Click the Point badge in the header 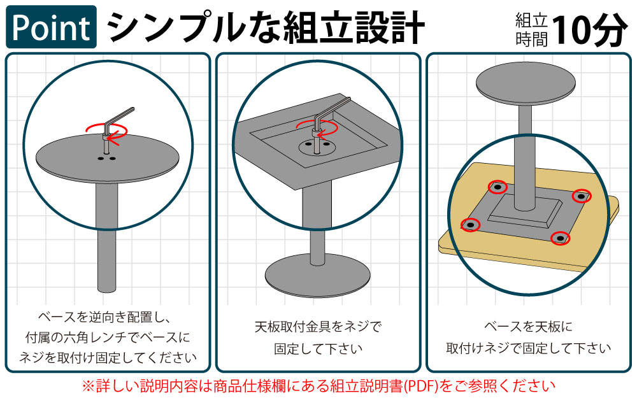[x=52, y=27]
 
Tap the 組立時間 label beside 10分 [x=531, y=29]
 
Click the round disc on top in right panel [x=524, y=83]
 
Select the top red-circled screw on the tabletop [x=497, y=187]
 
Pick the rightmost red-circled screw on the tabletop [x=581, y=196]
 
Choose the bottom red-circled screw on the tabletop [x=560, y=238]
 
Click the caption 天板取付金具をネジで [x=317, y=327]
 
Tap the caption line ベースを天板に [x=528, y=327]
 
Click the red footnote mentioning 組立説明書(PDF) [x=318, y=385]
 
